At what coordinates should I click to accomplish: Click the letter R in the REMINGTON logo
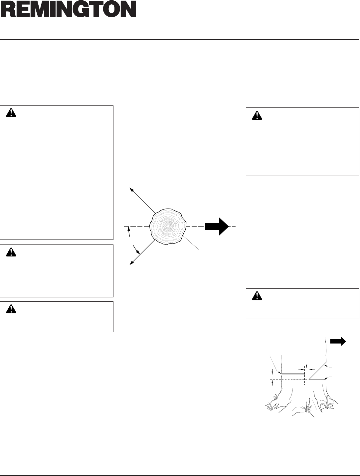click(8, 9)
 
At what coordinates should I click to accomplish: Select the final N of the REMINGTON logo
click(128, 9)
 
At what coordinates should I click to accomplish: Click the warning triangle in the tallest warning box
click(12, 113)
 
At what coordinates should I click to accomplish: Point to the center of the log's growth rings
click(168, 226)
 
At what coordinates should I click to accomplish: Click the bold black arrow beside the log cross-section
click(217, 226)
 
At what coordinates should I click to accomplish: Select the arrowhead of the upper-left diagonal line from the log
click(131, 189)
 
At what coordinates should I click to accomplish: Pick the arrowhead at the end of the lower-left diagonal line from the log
click(131, 263)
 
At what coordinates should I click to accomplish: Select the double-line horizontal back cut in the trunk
click(293, 374)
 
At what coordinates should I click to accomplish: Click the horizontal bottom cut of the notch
click(318, 379)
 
